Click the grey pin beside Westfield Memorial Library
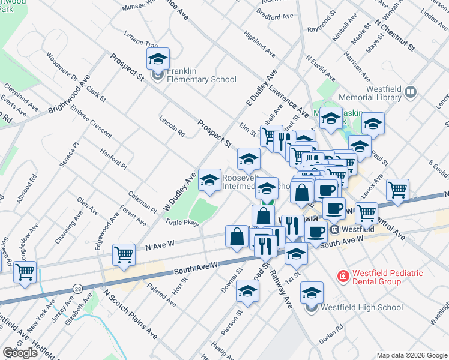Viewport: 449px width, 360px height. click(411, 92)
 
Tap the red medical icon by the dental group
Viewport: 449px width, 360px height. click(343, 276)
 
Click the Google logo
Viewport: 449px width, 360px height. click(20, 353)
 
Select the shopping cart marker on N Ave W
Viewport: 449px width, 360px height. click(123, 254)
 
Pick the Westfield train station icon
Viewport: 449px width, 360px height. click(335, 229)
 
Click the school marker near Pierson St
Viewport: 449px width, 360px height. click(247, 291)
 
